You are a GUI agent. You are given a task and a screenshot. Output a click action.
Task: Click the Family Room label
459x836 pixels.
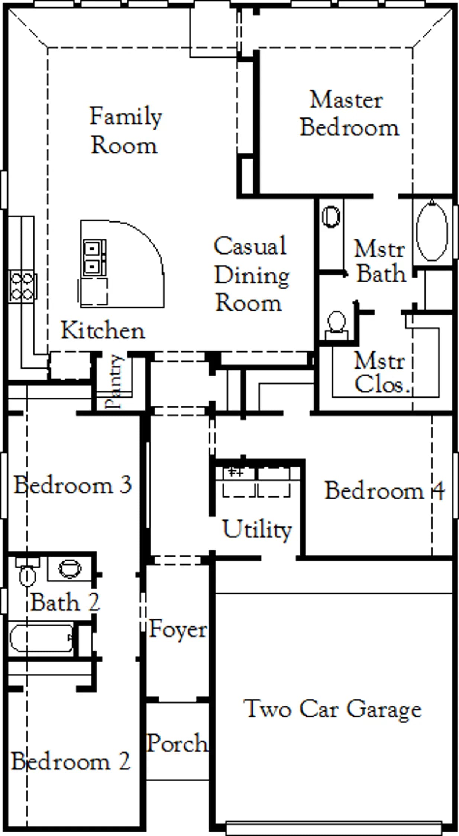click(126, 130)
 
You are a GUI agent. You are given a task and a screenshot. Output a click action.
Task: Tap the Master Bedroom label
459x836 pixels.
click(349, 114)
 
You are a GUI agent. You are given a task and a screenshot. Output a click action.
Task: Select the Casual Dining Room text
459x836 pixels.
click(251, 274)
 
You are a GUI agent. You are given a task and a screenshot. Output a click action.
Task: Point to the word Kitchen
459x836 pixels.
click(103, 330)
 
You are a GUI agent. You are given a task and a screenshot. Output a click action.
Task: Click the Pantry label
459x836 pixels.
click(114, 381)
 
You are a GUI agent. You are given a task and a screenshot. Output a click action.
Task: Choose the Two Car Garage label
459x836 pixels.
click(333, 709)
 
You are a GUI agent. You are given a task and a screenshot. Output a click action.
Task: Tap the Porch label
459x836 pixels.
click(177, 743)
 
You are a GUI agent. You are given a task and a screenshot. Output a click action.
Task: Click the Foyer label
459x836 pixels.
click(178, 629)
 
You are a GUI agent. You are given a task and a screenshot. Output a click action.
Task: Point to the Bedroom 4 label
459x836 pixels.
click(385, 490)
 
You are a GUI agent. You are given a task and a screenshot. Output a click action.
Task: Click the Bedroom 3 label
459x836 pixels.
click(73, 485)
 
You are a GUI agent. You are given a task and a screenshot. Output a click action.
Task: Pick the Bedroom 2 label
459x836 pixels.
click(71, 761)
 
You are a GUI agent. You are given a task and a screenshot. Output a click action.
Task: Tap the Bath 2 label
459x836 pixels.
click(65, 602)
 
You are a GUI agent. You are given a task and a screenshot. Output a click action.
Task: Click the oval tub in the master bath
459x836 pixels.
click(432, 230)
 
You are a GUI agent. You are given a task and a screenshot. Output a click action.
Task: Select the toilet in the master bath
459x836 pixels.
click(337, 325)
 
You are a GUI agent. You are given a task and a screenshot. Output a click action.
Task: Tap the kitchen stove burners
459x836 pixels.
click(22, 286)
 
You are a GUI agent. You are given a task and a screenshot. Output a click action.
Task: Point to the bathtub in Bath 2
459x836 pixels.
click(42, 638)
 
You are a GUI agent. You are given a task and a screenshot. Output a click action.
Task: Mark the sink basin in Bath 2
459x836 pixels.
click(70, 568)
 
